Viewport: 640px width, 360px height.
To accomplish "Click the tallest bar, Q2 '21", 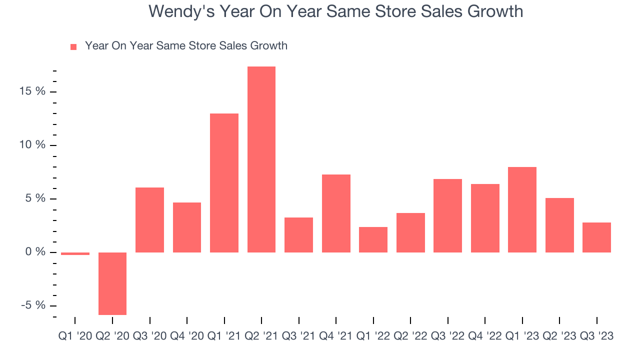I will pyautogui.click(x=261, y=159).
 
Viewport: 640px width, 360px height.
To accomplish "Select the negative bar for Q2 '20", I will pyautogui.click(x=112, y=283).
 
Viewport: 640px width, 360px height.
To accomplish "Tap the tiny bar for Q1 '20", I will pyautogui.click(x=75, y=253).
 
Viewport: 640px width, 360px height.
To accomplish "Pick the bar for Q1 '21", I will pyautogui.click(x=224, y=183).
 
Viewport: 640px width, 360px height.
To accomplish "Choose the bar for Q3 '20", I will pyautogui.click(x=149, y=220).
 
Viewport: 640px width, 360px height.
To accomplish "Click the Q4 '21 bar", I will pyautogui.click(x=336, y=213).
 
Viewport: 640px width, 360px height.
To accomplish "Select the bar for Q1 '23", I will pyautogui.click(x=522, y=209).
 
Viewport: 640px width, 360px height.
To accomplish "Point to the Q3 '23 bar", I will pyautogui.click(x=596, y=237).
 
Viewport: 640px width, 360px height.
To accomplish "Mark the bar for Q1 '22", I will pyautogui.click(x=373, y=239).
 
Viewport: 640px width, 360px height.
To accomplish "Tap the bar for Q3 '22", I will pyautogui.click(x=447, y=215).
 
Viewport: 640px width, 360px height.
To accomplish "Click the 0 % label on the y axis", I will pyautogui.click(x=36, y=252).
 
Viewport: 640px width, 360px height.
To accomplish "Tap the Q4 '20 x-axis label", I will pyautogui.click(x=187, y=336).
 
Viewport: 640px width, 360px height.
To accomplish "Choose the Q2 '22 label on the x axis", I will pyautogui.click(x=410, y=336).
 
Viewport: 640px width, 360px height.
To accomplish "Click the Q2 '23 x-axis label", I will pyautogui.click(x=559, y=336).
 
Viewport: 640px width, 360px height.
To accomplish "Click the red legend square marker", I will pyautogui.click(x=73, y=47).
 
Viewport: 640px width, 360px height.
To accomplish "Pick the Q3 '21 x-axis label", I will pyautogui.click(x=298, y=336).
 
